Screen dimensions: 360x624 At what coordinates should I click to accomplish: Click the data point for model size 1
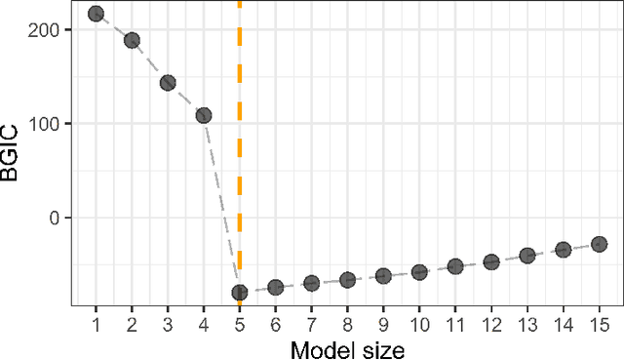pos(96,14)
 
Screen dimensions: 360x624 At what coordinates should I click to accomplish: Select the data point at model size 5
pos(239,292)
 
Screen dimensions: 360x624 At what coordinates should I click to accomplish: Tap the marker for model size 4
pos(203,115)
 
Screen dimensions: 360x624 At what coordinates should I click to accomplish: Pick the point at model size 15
pos(599,244)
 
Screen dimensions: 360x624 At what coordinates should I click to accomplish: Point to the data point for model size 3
pos(168,83)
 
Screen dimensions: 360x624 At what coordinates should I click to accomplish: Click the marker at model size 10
pos(419,272)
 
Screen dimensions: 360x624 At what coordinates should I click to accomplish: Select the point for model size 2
pos(132,40)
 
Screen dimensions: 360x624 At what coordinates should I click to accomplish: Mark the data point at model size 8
pos(347,280)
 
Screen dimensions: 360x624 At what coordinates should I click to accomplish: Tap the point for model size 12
pos(491,261)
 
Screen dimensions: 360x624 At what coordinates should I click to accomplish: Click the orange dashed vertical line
pos(239,146)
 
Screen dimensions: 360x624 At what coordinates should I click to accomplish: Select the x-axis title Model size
pos(347,346)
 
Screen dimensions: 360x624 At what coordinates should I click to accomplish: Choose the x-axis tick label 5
pos(239,321)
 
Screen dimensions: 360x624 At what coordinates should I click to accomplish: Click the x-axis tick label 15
pos(599,321)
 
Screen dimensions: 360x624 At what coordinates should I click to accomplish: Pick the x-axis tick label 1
pos(96,321)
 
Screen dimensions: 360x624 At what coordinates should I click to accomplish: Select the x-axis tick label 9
pos(383,321)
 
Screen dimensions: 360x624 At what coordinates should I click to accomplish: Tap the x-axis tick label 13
pos(527,321)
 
